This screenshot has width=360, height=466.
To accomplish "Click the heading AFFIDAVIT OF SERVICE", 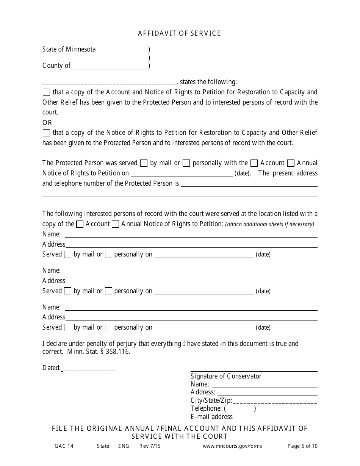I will coord(179,33).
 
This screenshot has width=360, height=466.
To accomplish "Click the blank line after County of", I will coord(110,66).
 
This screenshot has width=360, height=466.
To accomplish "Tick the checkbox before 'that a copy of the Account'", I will coord(46,92).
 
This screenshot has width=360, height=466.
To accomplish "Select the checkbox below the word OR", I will coord(46,133).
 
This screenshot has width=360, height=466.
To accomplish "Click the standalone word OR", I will coord(47,123).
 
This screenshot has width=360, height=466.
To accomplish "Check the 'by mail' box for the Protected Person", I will coord(144,163).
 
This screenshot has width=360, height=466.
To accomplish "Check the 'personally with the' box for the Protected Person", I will coord(186,163).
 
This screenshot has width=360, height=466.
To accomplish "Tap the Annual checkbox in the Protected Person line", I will coord(291,163).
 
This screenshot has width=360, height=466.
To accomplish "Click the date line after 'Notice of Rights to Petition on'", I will coord(182,174).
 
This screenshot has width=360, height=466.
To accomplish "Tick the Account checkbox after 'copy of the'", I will coord(80,224).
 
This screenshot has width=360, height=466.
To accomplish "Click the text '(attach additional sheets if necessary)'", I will coord(269,224).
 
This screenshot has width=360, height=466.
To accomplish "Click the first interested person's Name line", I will coord(191,235).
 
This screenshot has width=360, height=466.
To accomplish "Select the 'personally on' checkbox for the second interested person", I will coord(108,291).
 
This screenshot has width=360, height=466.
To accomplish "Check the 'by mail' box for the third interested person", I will coord(68,328).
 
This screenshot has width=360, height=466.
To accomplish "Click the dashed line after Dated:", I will coord(88,368).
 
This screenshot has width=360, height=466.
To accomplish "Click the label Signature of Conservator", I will coord(226,376).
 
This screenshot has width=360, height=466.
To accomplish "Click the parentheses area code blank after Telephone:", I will coord(240,409).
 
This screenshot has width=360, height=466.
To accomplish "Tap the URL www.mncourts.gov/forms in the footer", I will coord(232,446).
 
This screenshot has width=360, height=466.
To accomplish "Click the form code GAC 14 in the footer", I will coord(64,446).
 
